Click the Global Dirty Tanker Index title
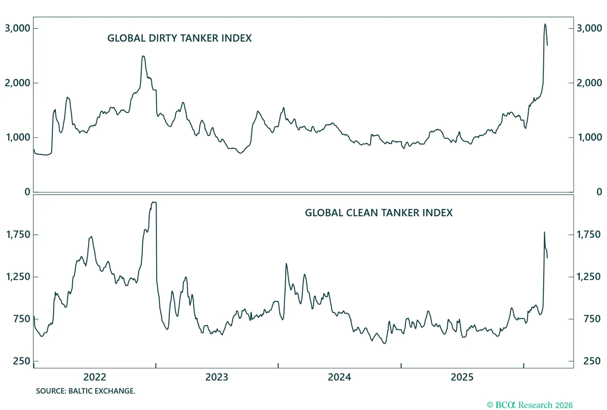point(179,38)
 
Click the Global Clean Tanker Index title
point(379,213)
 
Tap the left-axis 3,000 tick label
point(17,28)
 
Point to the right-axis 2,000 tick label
point(589,83)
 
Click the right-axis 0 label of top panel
point(599,192)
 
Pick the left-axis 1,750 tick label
point(18,235)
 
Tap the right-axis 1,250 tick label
point(588,277)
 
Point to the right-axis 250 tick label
point(591,361)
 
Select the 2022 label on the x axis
point(94,377)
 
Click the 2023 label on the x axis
point(217,377)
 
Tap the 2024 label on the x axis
point(339,377)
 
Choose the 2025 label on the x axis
point(462,377)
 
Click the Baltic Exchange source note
point(85,391)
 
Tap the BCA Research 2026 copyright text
point(530,405)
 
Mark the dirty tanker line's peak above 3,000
point(545,25)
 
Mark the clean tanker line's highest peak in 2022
point(154,202)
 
